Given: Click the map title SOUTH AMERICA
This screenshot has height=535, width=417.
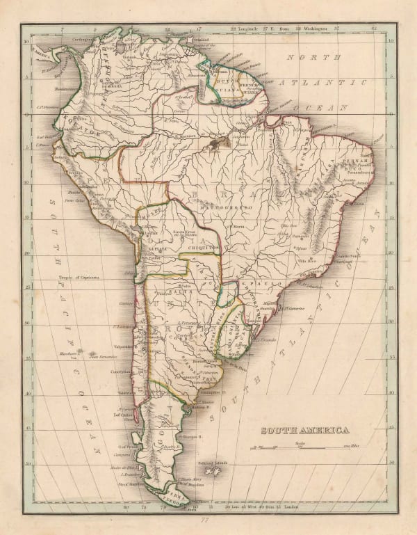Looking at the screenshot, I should click(304, 430).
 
